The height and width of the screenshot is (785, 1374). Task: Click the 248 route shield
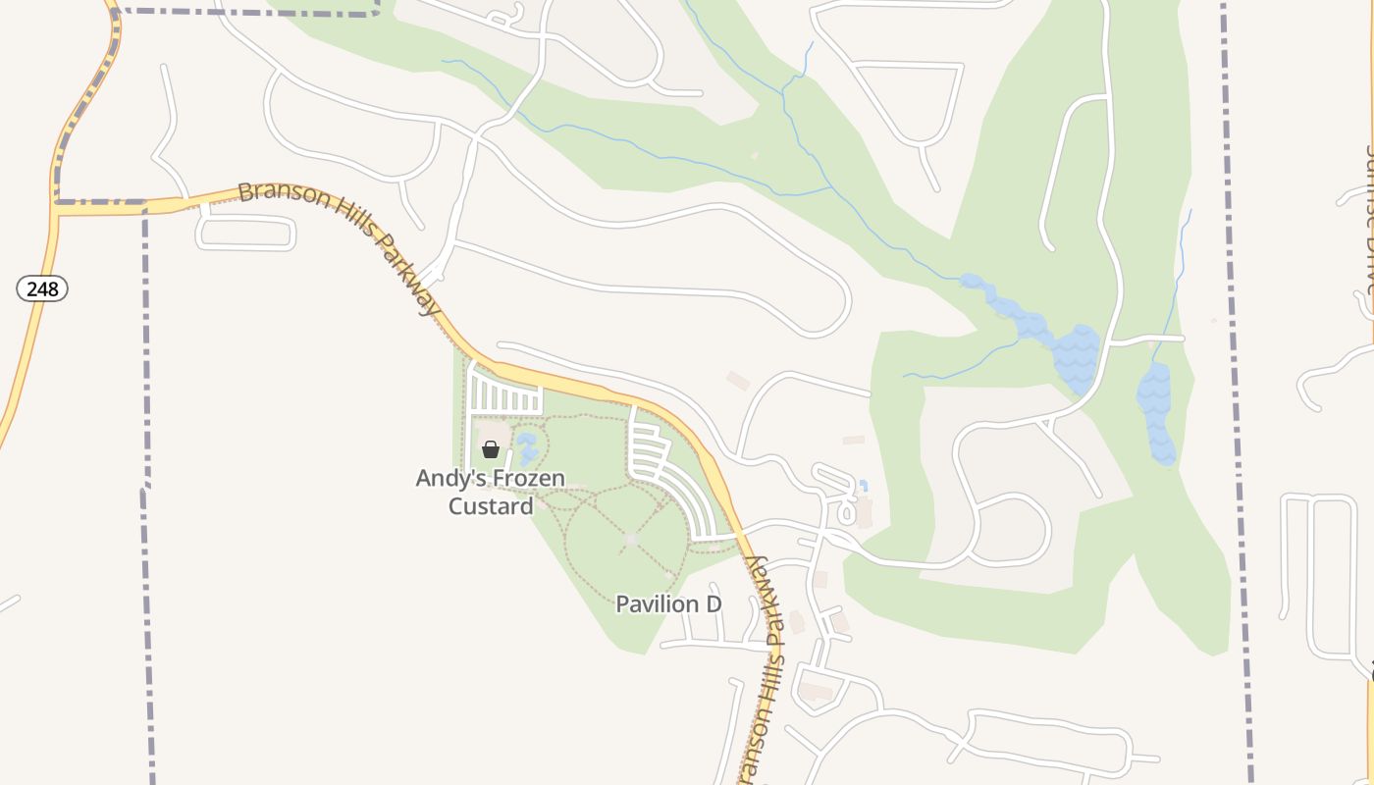click(42, 288)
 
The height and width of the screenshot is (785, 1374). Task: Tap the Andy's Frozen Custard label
click(491, 492)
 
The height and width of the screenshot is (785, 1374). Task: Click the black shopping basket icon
click(490, 449)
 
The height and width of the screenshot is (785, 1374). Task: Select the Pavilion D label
click(668, 603)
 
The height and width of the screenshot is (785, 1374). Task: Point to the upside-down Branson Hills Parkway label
click(763, 667)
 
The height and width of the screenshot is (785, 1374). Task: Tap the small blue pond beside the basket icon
click(527, 449)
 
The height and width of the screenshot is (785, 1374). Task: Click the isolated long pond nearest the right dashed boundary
click(1156, 411)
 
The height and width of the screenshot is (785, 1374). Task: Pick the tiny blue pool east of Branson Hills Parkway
click(864, 486)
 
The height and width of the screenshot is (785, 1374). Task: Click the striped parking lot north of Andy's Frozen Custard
click(505, 394)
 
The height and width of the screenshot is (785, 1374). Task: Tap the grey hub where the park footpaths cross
click(631, 540)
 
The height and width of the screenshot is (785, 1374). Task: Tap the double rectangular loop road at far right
click(1320, 574)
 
